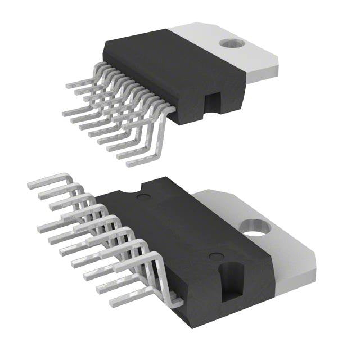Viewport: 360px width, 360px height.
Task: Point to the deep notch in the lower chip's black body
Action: coord(230,279)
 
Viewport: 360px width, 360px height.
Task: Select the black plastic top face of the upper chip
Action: coord(163,67)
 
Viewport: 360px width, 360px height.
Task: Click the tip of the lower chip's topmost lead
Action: coord(30,184)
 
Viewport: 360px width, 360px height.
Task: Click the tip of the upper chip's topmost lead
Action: coord(68,86)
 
